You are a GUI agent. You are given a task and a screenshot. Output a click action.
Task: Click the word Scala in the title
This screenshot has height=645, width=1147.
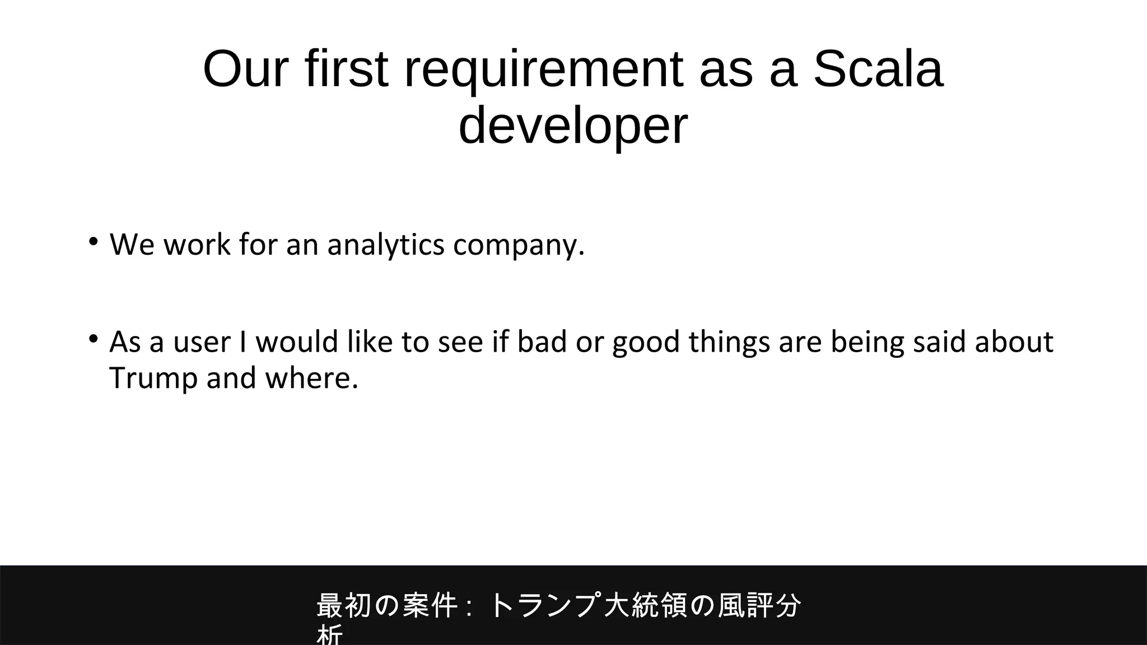click(878, 69)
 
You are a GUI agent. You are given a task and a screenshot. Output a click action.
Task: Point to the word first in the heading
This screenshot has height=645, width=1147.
click(347, 69)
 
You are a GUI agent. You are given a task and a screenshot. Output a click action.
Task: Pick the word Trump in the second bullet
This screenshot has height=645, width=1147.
click(153, 378)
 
